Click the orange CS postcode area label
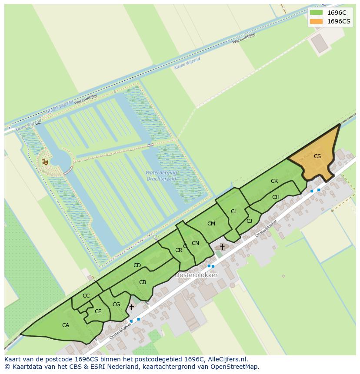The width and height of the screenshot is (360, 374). pos(317,156)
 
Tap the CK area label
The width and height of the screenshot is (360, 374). pos(274,181)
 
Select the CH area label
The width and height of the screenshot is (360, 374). pos(276,197)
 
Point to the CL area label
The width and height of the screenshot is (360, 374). pos(234,212)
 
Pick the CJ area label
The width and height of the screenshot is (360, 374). pos(249,221)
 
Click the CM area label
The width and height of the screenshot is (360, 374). pos(211,224)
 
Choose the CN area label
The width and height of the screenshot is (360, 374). pos(195,243)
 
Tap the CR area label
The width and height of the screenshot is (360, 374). pos(179,250)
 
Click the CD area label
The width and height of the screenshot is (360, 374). pos(137,265)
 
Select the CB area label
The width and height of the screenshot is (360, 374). pos(143,282)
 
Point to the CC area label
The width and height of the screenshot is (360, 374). pos(86,296)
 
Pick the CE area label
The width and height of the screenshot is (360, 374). pos(98,311)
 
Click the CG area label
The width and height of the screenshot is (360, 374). pos(116,304)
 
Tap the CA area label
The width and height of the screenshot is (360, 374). pos(66,325)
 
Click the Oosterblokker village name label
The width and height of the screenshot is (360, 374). pos(196,275)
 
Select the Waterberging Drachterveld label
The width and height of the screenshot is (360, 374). pos(161,175)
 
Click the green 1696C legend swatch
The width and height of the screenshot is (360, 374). pos(316,13)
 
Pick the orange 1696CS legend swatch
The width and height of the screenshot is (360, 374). pos(316,21)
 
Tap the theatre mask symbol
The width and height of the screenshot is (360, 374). pos(44,162)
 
